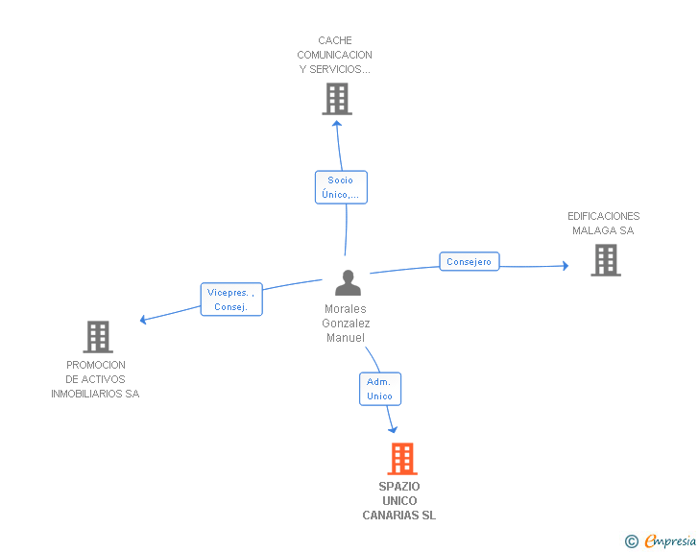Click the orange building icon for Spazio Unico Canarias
pyautogui.click(x=402, y=458)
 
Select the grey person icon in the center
pyautogui.click(x=348, y=282)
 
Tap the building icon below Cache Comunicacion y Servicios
pyautogui.click(x=337, y=99)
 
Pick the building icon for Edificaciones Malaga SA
pyautogui.click(x=606, y=260)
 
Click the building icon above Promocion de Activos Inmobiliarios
pyautogui.click(x=98, y=337)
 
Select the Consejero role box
pyautogui.click(x=470, y=261)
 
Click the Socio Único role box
pyautogui.click(x=341, y=187)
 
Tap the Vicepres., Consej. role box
pyautogui.click(x=231, y=300)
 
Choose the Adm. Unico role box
pyautogui.click(x=380, y=389)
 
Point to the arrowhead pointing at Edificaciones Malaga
pyautogui.click(x=566, y=266)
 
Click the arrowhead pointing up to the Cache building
pyautogui.click(x=337, y=124)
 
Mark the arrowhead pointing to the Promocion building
pyautogui.click(x=143, y=320)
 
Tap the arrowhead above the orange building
pyautogui.click(x=393, y=430)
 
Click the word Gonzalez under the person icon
pyautogui.click(x=346, y=324)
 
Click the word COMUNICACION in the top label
pyautogui.click(x=335, y=55)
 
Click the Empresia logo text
pyautogui.click(x=670, y=541)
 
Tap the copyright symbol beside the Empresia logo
pyautogui.click(x=632, y=541)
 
